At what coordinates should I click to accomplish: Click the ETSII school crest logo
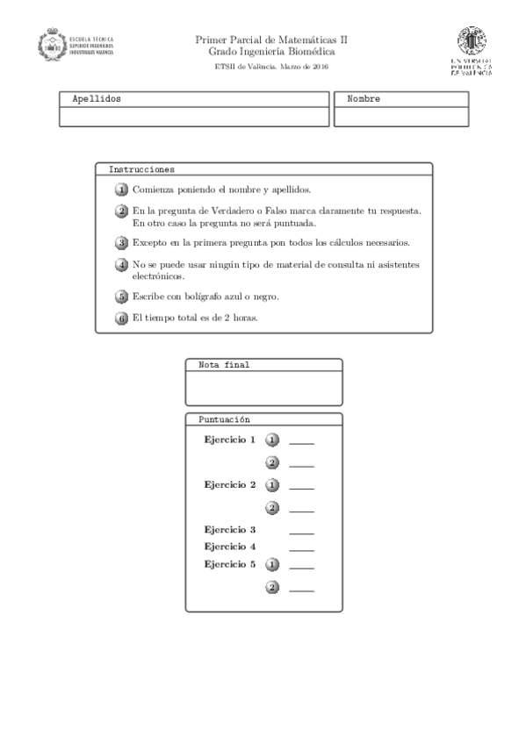[x=53, y=45]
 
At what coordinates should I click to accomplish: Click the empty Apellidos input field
[x=194, y=117]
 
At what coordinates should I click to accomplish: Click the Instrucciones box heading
[x=141, y=168]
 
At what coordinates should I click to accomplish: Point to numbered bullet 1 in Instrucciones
[x=122, y=190]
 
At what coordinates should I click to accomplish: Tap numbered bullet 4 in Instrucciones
[x=122, y=265]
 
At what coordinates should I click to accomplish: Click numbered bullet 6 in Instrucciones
[x=122, y=318]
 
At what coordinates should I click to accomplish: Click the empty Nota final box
[x=263, y=388]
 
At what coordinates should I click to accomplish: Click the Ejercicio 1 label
[x=229, y=440]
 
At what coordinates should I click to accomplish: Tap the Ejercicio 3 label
[x=229, y=530]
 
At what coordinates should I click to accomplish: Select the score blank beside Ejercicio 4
[x=301, y=549]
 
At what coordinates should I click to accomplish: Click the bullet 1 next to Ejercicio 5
[x=272, y=565]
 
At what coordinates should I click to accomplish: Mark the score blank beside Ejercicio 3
[x=301, y=533]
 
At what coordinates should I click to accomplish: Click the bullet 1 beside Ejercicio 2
[x=272, y=485]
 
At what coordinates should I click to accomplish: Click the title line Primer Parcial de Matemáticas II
[x=271, y=39]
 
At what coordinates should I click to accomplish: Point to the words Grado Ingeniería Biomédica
[x=271, y=52]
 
